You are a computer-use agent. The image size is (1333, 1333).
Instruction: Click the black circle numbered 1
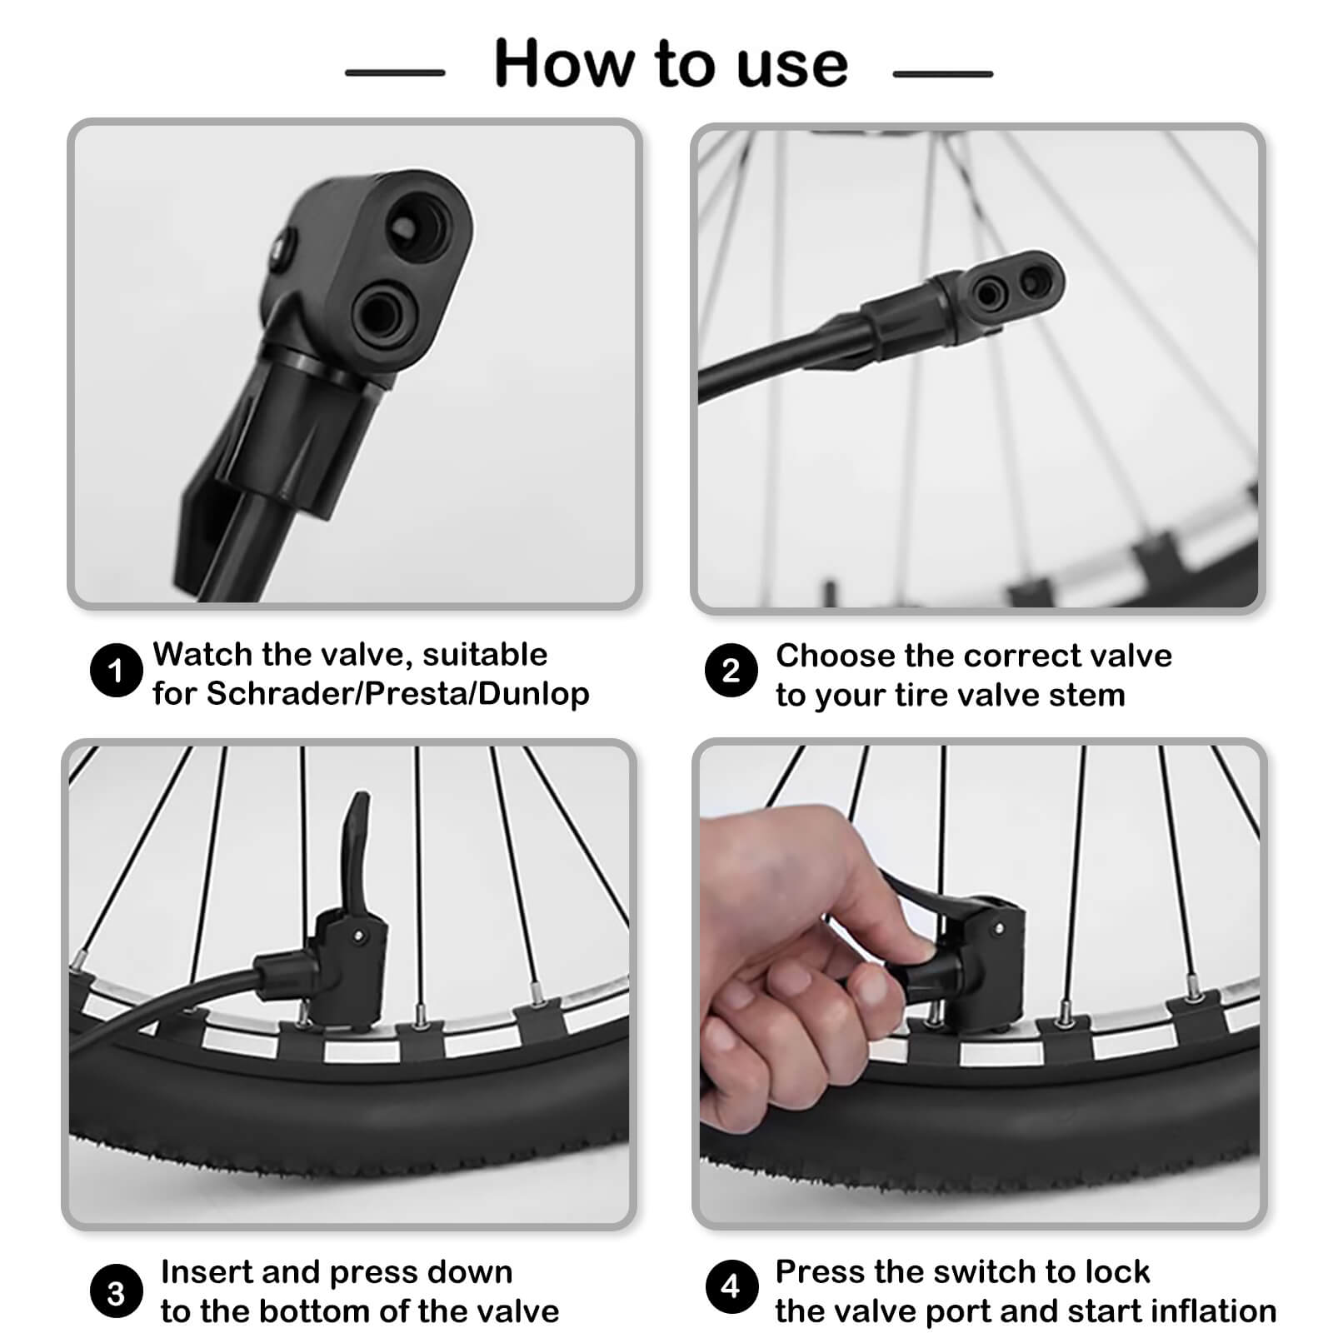pos(116,670)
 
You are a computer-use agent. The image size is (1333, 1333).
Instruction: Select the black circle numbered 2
pos(731,671)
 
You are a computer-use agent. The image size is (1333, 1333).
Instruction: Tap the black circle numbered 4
pos(731,1286)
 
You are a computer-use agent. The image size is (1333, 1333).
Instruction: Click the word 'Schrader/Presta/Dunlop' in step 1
pos(397,694)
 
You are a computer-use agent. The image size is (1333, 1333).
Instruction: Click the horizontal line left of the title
pos(395,73)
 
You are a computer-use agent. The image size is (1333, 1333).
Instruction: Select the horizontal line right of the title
pos(942,74)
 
